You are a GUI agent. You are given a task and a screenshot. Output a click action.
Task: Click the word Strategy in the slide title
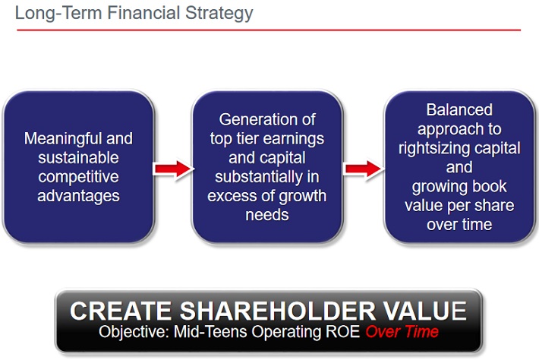[219, 14]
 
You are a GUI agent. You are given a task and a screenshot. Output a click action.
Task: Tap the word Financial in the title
[143, 12]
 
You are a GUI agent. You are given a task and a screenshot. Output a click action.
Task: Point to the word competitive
[78, 177]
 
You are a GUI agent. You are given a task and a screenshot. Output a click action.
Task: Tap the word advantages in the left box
[78, 197]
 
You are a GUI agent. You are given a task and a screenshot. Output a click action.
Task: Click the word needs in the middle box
[267, 215]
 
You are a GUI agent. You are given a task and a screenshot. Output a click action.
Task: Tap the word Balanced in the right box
[459, 110]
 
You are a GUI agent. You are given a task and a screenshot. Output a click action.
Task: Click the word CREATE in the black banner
[121, 311]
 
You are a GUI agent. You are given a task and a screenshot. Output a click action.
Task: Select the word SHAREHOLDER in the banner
[278, 311]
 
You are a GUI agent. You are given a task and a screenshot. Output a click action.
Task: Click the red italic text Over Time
[402, 331]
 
